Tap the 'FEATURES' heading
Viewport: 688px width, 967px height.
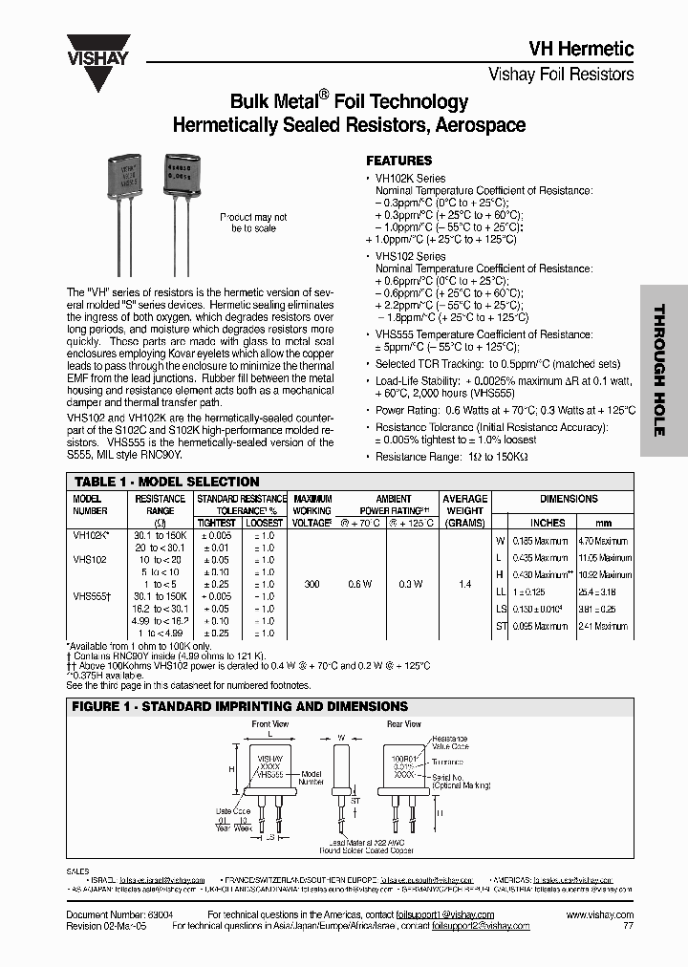click(x=399, y=161)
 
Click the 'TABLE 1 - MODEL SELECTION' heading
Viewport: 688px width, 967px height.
click(x=167, y=482)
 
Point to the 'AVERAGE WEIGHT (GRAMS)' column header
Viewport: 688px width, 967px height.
click(x=464, y=510)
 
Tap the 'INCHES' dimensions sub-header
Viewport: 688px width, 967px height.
click(x=548, y=523)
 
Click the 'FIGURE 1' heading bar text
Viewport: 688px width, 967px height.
click(x=240, y=706)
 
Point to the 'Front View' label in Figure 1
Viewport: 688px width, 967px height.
click(x=269, y=724)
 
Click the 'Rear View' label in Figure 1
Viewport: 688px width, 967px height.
click(x=403, y=724)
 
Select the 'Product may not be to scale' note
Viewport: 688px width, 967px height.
click(x=253, y=223)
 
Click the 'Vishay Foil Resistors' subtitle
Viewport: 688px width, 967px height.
click(x=561, y=74)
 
